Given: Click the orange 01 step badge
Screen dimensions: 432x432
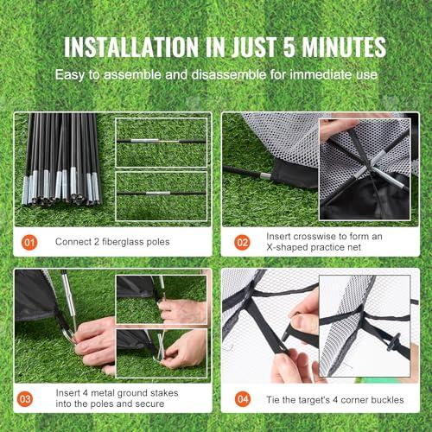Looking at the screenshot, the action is (x=29, y=242).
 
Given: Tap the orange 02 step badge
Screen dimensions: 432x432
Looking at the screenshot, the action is (x=242, y=242).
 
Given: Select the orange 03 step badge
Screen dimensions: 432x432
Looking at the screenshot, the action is (x=25, y=399).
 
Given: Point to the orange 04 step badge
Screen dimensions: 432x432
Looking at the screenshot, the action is (x=243, y=399).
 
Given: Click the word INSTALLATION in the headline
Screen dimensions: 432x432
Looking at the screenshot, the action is (x=131, y=47).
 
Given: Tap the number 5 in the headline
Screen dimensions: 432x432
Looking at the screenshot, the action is (x=289, y=47).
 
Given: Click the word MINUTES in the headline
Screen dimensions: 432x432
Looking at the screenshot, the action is (x=344, y=47).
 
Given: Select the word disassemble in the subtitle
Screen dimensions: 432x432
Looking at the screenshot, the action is (x=229, y=74).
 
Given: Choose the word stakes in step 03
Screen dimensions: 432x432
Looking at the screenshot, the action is (x=164, y=393).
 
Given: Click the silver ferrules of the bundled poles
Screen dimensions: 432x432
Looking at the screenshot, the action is (x=61, y=187).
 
